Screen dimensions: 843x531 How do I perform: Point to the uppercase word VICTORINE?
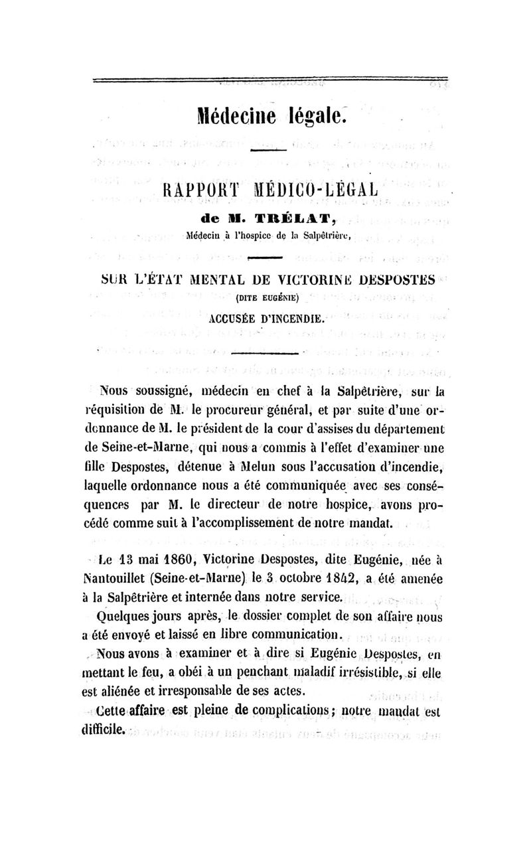click(x=305, y=281)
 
